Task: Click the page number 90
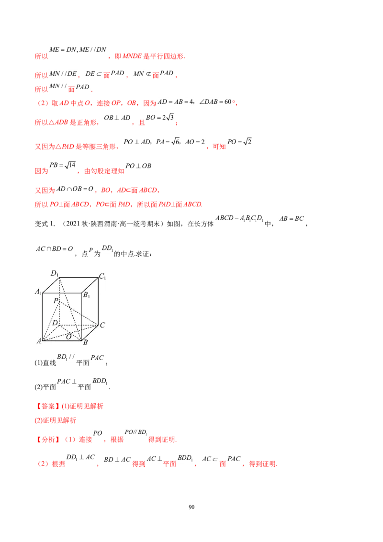coord(191,507)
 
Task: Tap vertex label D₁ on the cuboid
coord(55,273)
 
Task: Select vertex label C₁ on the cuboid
coord(102,277)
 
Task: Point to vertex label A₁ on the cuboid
coord(38,292)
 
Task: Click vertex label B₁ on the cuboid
coord(87,295)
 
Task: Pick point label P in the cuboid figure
coord(56,301)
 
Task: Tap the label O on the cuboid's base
coord(69,337)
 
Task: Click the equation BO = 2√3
coord(160,117)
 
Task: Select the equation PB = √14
coord(62,165)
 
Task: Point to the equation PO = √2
coord(239,142)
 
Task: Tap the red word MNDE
coord(132,56)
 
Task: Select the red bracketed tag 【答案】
coord(48,406)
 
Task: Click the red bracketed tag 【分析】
coord(48,440)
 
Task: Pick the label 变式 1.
coord(45,224)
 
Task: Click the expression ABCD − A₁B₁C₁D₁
coord(239,218)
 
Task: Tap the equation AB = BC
coord(292,218)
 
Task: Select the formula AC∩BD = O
coord(54,249)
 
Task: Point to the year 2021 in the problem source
coord(73,224)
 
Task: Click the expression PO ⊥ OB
coord(138,166)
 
